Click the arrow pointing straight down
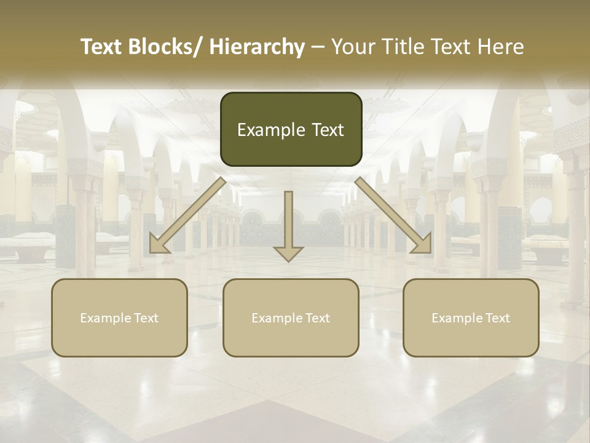(288, 225)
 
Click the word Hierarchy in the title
(257, 47)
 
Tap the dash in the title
(318, 47)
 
